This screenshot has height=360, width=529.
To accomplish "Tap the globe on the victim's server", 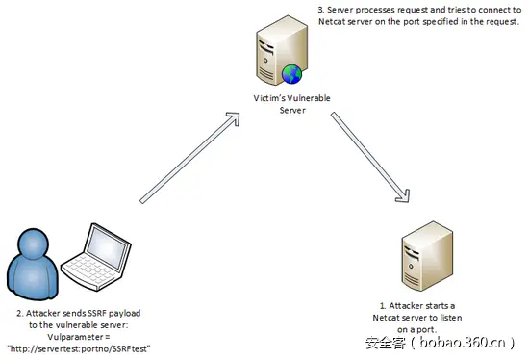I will pos(290,73).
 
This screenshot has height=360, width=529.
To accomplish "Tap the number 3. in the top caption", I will pos(321,9).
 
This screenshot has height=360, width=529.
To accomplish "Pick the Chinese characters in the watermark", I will pos(384,342).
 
